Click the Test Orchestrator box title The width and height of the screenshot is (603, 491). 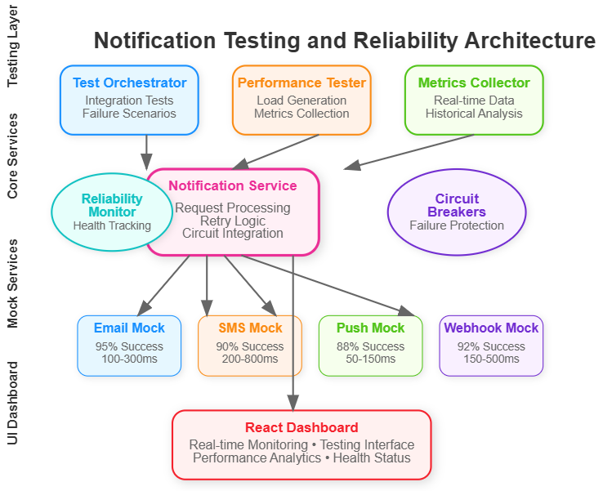(129, 83)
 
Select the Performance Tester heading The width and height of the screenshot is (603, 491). (301, 83)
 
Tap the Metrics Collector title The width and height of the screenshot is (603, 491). (474, 83)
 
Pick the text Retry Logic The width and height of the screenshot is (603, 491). (233, 221)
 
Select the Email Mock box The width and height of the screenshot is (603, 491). (129, 346)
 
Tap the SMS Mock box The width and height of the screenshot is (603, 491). (250, 346)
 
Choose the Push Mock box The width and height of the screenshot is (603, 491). (371, 346)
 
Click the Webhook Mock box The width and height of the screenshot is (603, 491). (491, 346)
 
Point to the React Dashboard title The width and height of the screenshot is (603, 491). (301, 427)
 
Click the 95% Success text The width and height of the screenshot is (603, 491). (129, 346)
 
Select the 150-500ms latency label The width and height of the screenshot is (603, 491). (491, 359)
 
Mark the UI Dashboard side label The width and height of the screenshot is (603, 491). (13, 404)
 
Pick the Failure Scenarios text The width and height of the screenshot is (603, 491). (129, 114)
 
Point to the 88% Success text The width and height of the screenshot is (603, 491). (371, 346)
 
